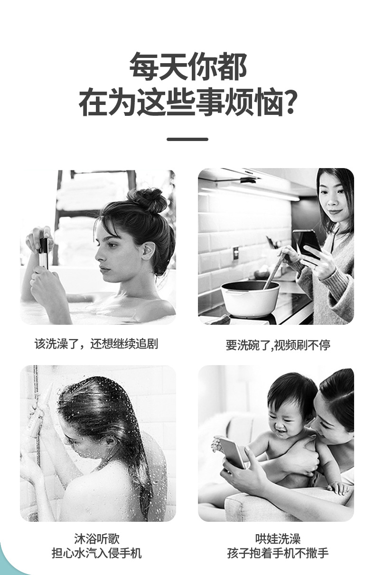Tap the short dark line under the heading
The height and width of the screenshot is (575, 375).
(187, 139)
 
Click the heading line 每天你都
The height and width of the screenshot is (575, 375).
(188, 67)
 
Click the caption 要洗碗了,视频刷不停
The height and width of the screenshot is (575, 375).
(278, 345)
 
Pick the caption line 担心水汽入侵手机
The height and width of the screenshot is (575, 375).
(96, 553)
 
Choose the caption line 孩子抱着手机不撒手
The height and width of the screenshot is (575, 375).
(278, 553)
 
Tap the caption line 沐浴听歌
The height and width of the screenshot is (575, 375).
(96, 538)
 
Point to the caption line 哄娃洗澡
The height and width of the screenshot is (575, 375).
(278, 538)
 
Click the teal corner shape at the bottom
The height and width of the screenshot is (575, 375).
(9, 565)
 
